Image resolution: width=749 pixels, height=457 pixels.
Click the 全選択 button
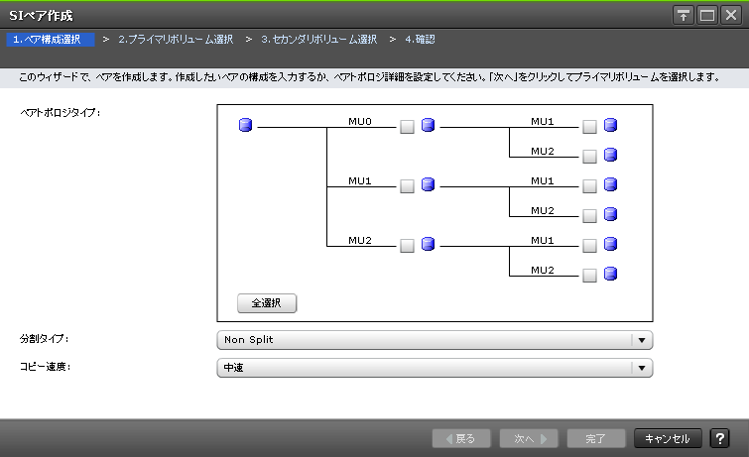pyautogui.click(x=267, y=303)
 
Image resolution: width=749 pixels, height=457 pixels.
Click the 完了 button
pyautogui.click(x=595, y=438)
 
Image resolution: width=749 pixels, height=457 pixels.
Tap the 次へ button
pyautogui.click(x=528, y=438)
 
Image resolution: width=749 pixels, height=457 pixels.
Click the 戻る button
pyautogui.click(x=460, y=438)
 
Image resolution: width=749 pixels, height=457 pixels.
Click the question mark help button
pyautogui.click(x=720, y=438)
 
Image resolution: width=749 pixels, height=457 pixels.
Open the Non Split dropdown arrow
pyautogui.click(x=642, y=340)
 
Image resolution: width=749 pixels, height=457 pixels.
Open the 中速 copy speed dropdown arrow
pyautogui.click(x=642, y=368)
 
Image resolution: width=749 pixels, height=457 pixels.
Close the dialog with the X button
pyautogui.click(x=731, y=15)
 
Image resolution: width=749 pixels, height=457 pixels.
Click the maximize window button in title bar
pyautogui.click(x=707, y=15)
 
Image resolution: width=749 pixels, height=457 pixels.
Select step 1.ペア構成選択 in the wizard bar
pyautogui.click(x=48, y=40)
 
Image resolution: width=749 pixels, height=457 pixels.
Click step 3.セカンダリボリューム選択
pyautogui.click(x=318, y=40)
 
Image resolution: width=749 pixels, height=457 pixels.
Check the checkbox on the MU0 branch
pyautogui.click(x=407, y=127)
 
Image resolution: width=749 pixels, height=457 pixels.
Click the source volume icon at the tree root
pyautogui.click(x=246, y=125)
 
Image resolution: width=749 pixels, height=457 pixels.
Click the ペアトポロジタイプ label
pyautogui.click(x=61, y=113)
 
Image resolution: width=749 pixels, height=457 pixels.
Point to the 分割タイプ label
pyautogui.click(x=45, y=339)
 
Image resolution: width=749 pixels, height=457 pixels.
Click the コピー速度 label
pyautogui.click(x=45, y=366)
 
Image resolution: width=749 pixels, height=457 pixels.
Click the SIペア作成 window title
pyautogui.click(x=41, y=15)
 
